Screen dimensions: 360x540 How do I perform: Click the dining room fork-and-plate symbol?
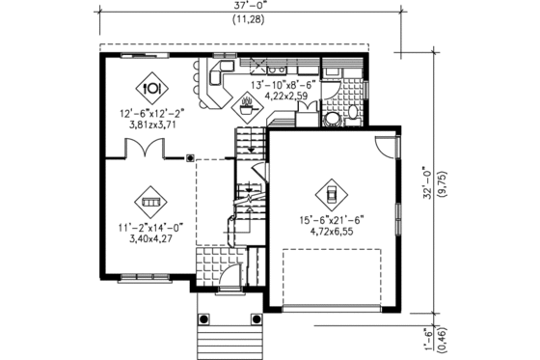(x=151, y=86)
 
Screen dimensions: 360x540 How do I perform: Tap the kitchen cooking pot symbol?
(x=247, y=108)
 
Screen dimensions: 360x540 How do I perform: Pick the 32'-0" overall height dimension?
(x=425, y=181)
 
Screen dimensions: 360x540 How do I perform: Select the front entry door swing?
(x=229, y=281)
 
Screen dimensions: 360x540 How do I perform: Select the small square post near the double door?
(x=189, y=155)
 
